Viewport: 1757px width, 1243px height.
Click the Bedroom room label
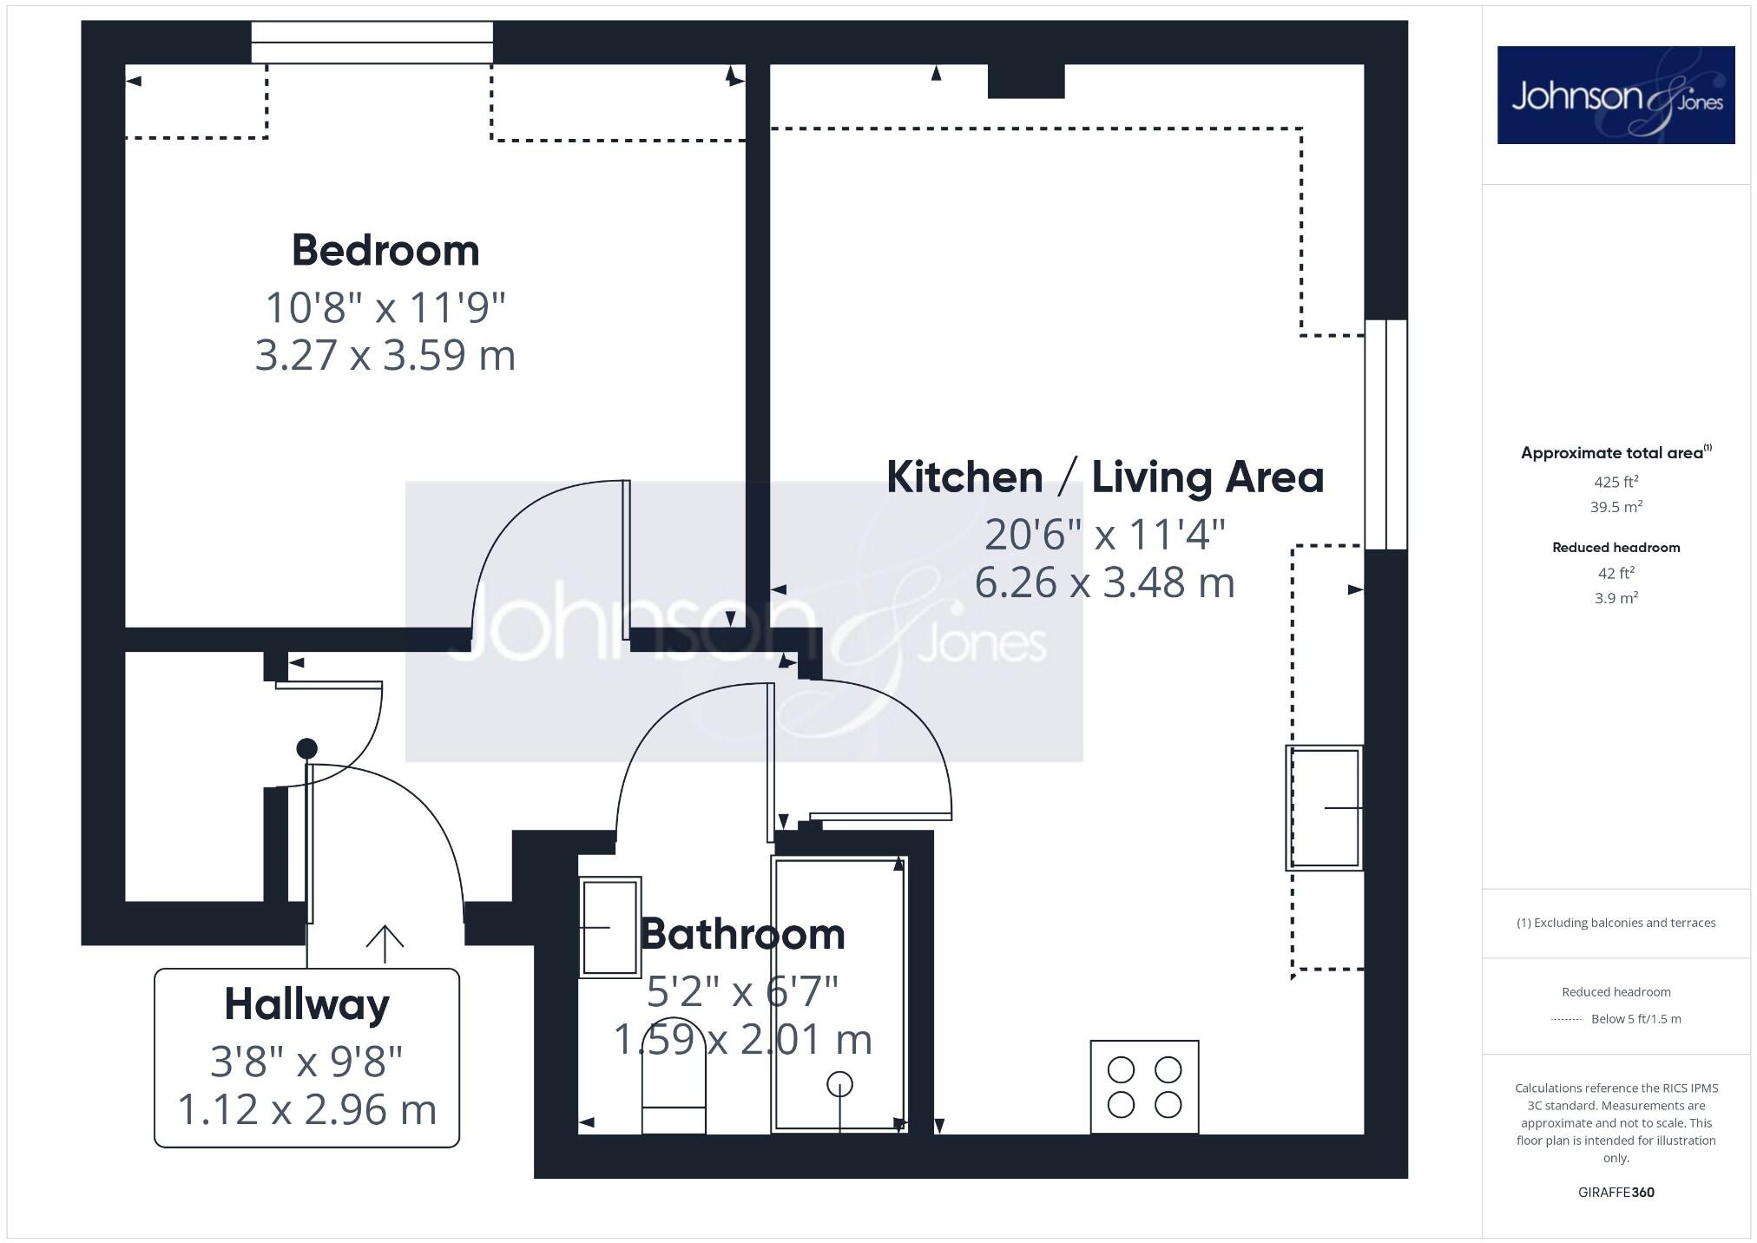click(385, 251)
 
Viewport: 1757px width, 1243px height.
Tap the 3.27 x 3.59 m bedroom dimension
click(385, 356)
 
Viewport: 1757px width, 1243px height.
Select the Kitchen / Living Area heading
click(1104, 477)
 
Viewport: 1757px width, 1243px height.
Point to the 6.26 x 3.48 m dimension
click(1104, 582)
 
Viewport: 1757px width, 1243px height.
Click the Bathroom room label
click(742, 935)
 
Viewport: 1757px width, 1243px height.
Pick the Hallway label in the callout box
click(306, 1004)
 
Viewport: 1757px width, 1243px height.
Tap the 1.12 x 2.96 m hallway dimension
click(306, 1109)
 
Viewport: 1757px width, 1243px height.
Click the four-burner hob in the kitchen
click(1144, 1087)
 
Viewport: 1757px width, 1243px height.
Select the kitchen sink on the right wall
click(1324, 807)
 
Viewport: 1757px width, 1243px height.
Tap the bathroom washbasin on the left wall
click(609, 927)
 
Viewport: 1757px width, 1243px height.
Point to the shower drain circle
click(839, 1084)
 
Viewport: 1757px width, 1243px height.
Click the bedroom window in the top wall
click(372, 43)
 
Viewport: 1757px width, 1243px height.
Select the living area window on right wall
click(1385, 434)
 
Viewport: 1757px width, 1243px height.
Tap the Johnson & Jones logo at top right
click(1616, 95)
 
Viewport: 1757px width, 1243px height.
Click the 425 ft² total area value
click(1616, 482)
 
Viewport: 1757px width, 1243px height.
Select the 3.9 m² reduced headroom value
click(1616, 598)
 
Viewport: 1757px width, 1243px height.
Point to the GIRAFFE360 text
click(1616, 1192)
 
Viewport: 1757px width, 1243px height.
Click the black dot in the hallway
click(306, 748)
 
